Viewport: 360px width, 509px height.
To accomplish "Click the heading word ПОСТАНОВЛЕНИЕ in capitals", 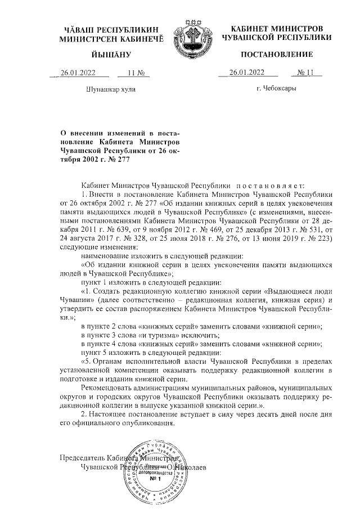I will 276,54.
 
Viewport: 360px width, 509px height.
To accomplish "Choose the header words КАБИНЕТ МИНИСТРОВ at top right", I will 276,28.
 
